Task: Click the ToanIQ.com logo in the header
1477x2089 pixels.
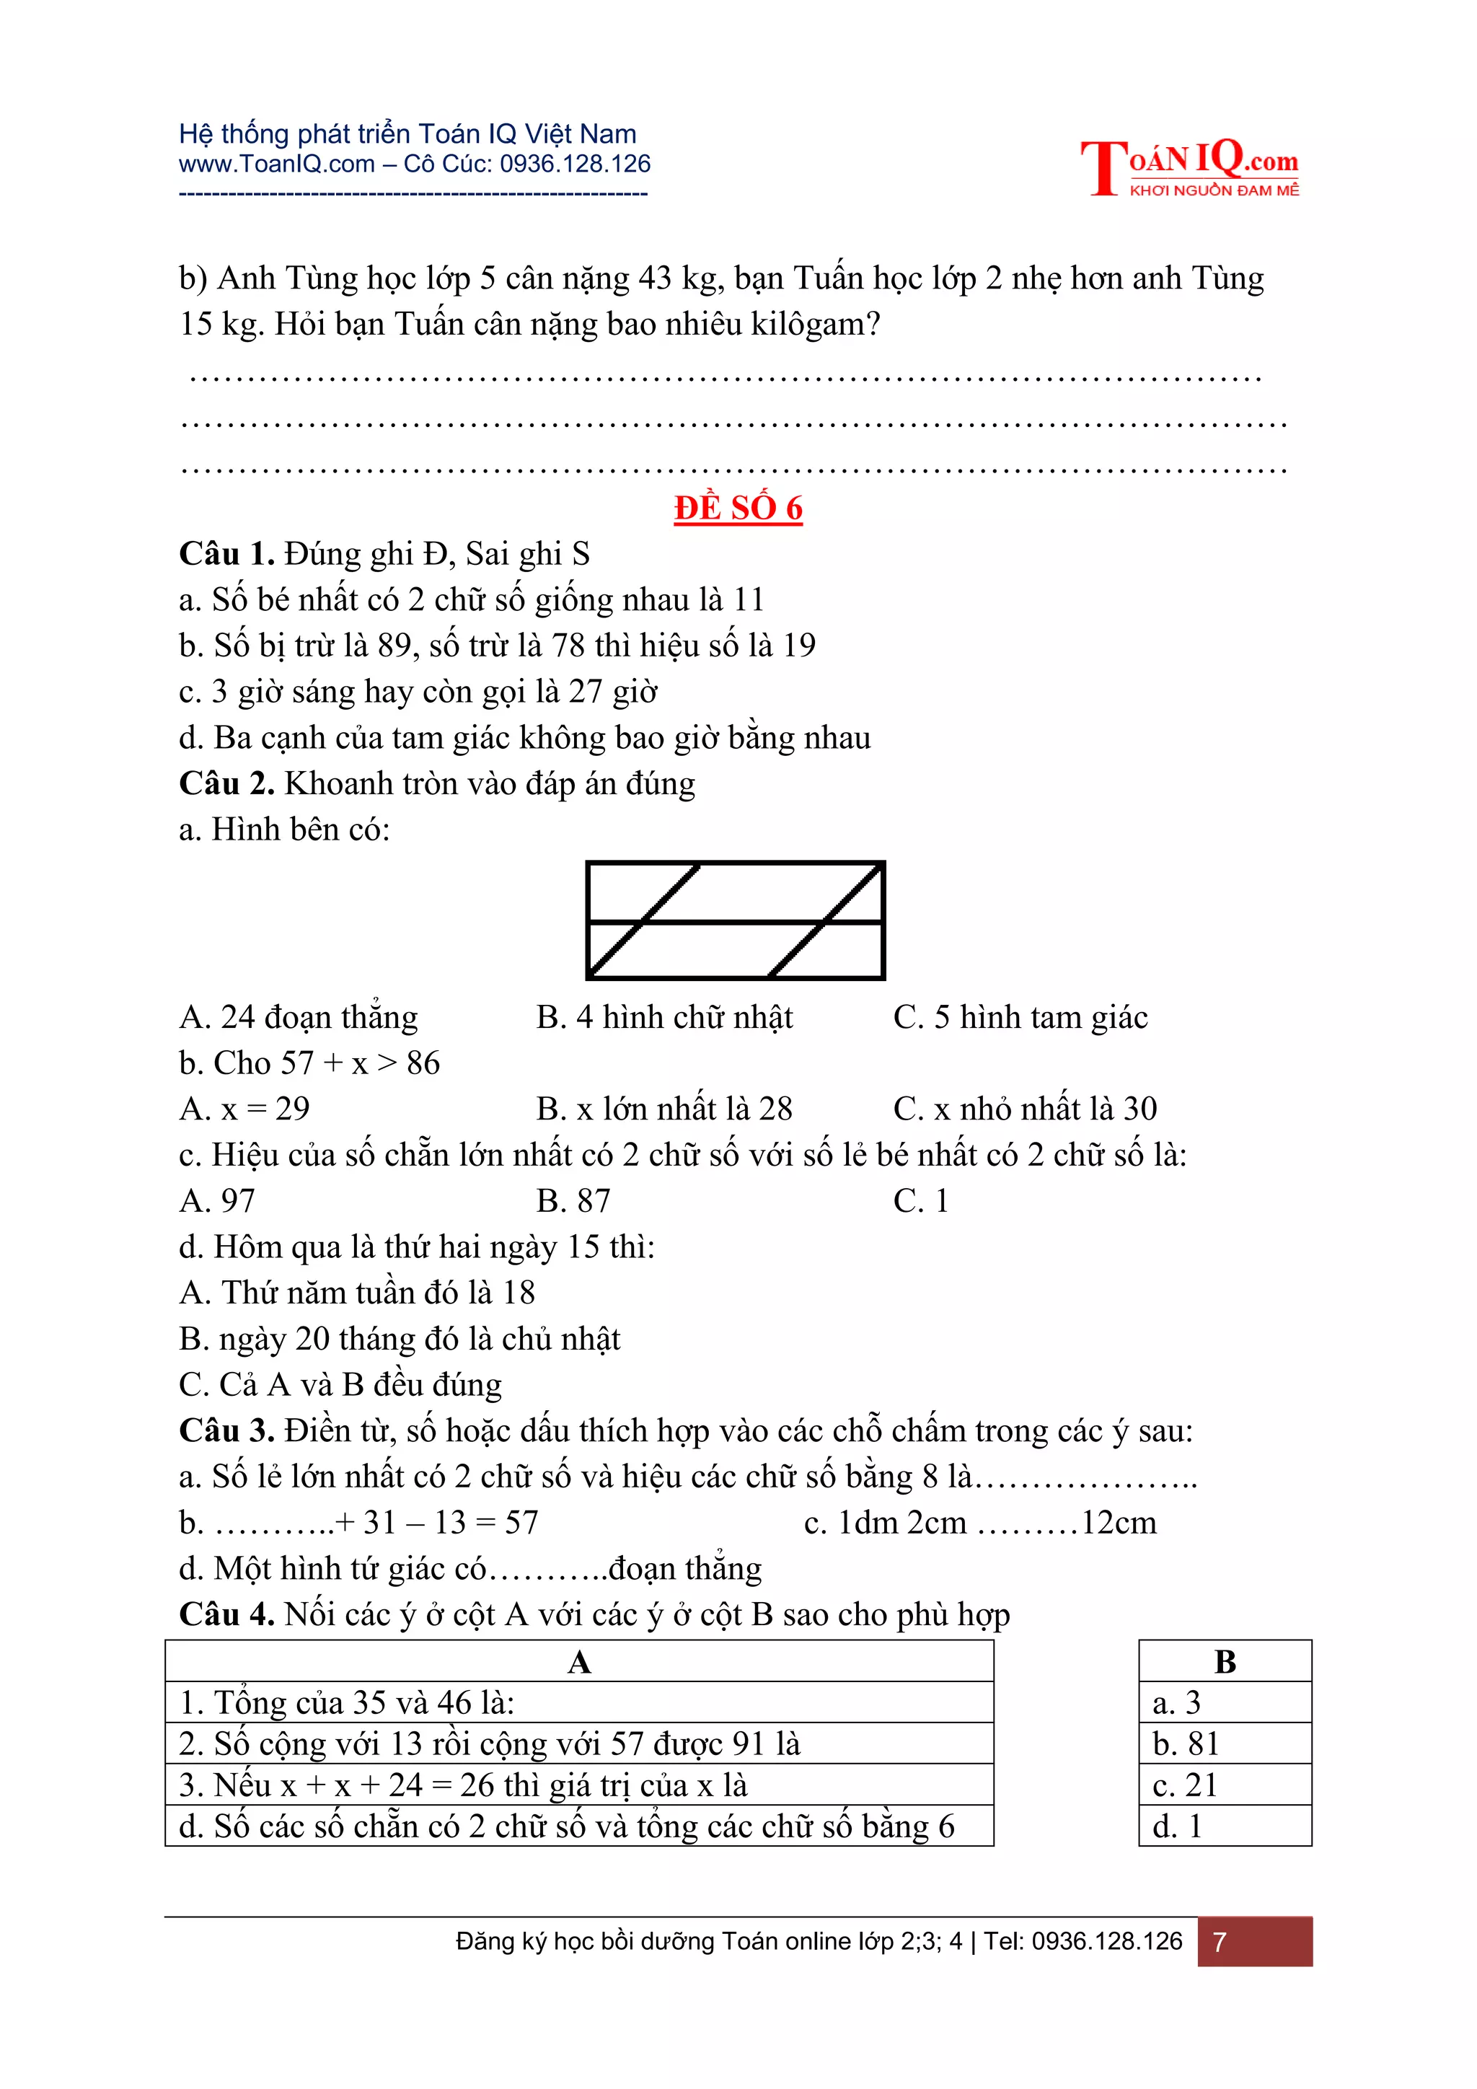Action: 1189,167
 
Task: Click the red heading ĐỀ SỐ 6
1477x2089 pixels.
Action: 738,508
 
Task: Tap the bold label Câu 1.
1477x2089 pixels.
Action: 226,553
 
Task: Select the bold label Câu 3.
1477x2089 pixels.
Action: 226,1430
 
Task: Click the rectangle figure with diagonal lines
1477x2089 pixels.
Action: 735,920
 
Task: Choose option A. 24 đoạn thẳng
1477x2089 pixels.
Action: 299,1017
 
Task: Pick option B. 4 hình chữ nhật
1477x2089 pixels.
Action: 664,1017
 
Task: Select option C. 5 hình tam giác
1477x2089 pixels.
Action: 1020,1017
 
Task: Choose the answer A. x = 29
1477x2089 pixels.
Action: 244,1108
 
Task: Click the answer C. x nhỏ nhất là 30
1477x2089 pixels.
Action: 1024,1108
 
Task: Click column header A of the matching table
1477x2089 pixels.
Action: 579,1662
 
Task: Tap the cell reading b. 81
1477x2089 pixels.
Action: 1185,1744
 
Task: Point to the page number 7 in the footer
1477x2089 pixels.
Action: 1220,1943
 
